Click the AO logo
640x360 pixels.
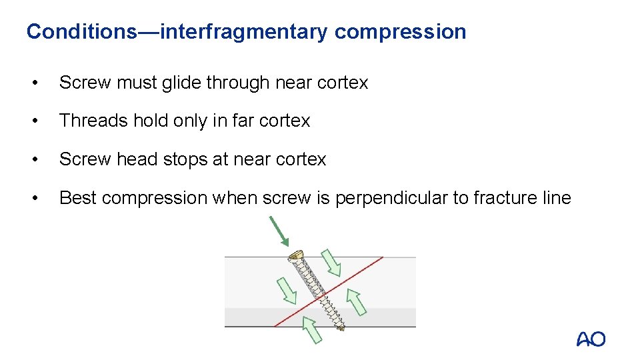tap(591, 339)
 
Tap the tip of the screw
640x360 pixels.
tap(341, 327)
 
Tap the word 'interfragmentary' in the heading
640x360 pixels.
tap(244, 31)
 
